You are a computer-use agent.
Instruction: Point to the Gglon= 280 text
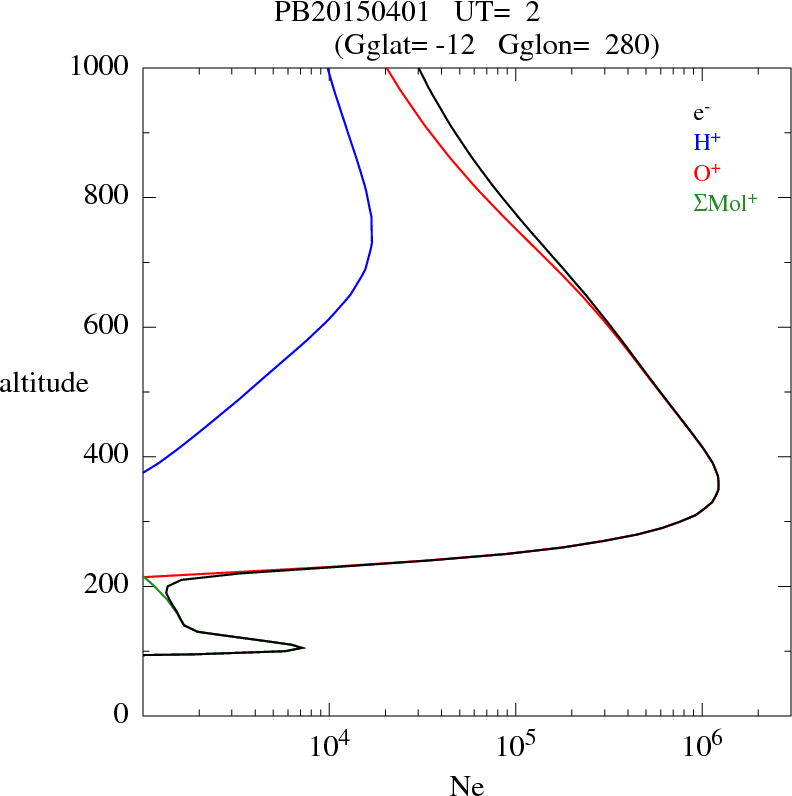click(x=576, y=45)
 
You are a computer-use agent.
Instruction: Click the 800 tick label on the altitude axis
click(x=108, y=197)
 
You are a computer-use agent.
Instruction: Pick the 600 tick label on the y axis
click(x=108, y=327)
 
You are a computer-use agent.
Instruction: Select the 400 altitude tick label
click(x=108, y=456)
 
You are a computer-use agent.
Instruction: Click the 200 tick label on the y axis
click(x=108, y=586)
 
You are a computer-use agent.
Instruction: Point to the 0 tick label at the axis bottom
click(x=122, y=715)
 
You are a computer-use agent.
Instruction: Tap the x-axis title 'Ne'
click(x=466, y=787)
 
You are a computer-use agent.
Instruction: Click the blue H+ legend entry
click(x=708, y=143)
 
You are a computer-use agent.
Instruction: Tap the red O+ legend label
click(x=708, y=172)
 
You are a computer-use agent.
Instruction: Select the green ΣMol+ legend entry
click(x=725, y=202)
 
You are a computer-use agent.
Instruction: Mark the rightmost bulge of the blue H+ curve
click(x=372, y=240)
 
